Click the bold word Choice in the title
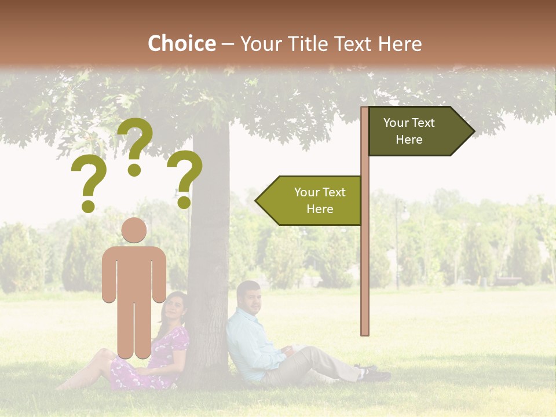[181, 43]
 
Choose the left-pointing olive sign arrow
[309, 200]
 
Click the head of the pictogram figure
[134, 230]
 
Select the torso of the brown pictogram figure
[134, 272]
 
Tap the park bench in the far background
[508, 281]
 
